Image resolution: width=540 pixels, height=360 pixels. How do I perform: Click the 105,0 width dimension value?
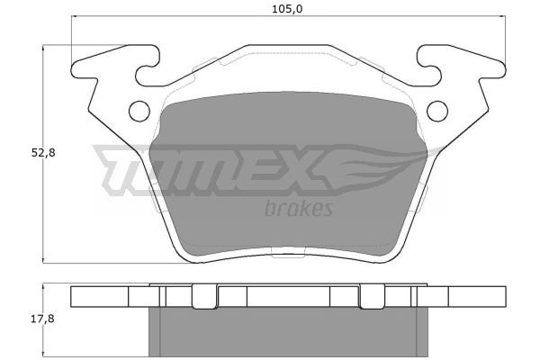tap(287, 9)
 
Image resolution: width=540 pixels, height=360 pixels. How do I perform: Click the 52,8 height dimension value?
tap(43, 153)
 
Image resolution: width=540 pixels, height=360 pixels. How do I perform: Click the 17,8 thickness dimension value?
tap(42, 319)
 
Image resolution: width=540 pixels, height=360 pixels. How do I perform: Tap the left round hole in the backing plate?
tap(139, 111)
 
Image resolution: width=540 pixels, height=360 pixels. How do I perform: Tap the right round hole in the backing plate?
tap(437, 111)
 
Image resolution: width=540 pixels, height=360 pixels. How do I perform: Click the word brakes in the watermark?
tap(299, 208)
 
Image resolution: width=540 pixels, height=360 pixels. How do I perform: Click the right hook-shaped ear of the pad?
tap(462, 66)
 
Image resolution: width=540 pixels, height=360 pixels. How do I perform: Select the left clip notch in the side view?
tap(204, 296)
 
